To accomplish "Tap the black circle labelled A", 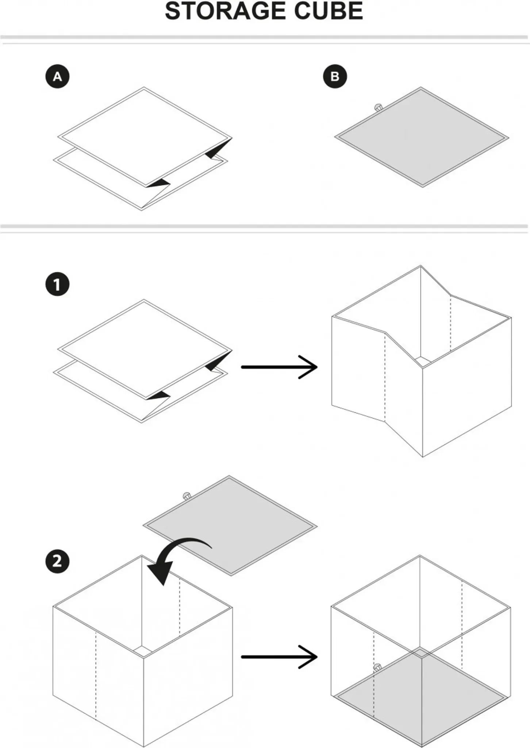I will tap(57, 76).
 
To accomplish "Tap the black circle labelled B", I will tap(335, 76).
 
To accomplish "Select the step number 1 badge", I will tap(57, 284).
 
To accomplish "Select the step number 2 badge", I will tap(57, 561).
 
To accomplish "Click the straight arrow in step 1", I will tap(279, 367).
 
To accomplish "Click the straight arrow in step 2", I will tap(279, 657).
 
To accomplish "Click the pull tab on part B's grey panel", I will tap(378, 108).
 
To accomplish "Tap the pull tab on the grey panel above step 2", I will tap(187, 496).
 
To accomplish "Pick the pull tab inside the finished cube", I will tap(377, 667).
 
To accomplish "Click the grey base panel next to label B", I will tap(422, 138).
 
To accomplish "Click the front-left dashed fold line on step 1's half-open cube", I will tap(385, 376).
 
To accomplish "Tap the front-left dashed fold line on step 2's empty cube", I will tap(96, 676).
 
